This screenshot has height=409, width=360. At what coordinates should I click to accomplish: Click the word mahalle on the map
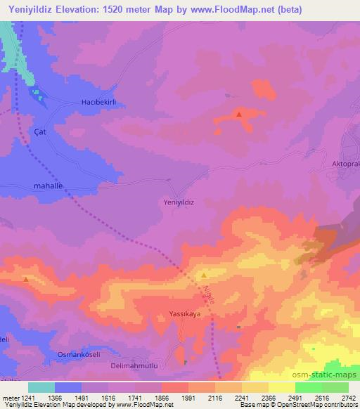[x=49, y=186]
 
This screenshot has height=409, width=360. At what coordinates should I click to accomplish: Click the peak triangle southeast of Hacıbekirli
[x=240, y=114]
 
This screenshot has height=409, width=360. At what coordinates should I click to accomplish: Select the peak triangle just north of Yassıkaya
[x=204, y=275]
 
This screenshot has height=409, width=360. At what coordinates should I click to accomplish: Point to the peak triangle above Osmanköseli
[x=25, y=279]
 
